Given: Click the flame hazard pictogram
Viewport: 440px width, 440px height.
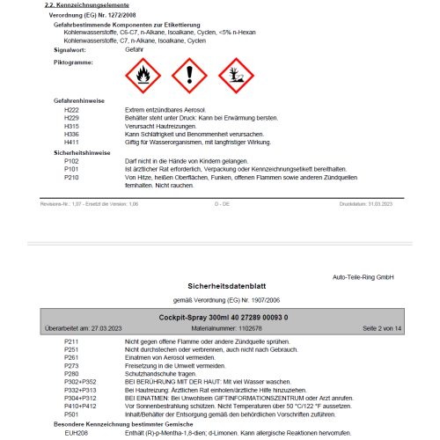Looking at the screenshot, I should click(140, 76).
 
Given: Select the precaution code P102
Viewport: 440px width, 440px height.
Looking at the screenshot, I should click(71, 161).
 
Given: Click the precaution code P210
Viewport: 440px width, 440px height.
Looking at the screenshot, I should click(71, 177).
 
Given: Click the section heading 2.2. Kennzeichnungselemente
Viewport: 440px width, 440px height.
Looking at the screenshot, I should click(80, 6).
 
